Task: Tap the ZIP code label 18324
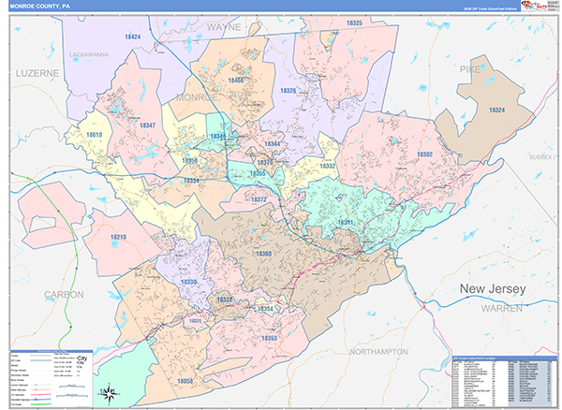[x=496, y=110]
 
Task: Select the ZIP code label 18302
[x=424, y=154]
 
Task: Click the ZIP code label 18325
[x=353, y=22]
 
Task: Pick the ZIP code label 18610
[x=94, y=135]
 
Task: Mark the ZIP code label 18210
[x=118, y=238]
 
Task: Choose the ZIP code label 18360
[x=263, y=254]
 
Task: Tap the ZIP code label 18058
[x=185, y=381]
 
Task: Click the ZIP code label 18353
[x=270, y=337]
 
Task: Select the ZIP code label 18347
[x=147, y=124]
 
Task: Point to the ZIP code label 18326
[x=288, y=91]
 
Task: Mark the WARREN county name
[x=502, y=307]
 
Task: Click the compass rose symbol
[x=108, y=392]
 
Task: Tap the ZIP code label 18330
[x=189, y=281]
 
